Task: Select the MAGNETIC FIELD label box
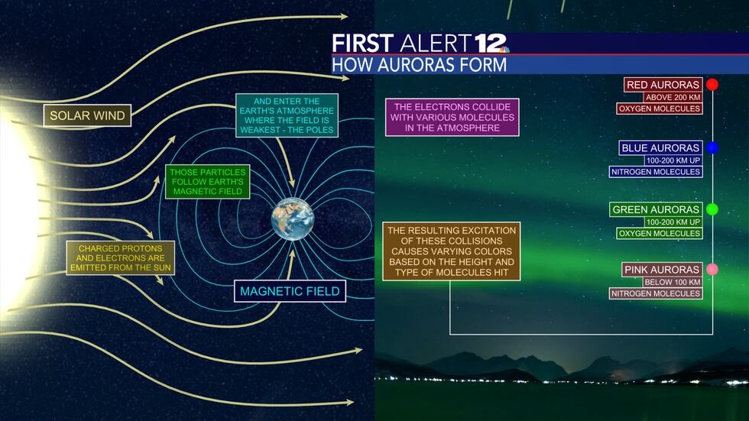[x=290, y=291]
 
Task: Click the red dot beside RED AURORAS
[x=712, y=85]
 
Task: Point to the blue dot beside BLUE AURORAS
[x=712, y=147]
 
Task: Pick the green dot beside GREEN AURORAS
[x=712, y=209]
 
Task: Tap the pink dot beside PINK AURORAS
[x=712, y=270]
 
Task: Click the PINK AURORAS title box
[x=656, y=270]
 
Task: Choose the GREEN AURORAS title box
[x=656, y=209]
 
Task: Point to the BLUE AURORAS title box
[x=660, y=147]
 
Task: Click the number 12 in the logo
[x=491, y=43]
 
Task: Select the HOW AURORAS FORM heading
[x=420, y=65]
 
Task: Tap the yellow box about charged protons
[x=120, y=258]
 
